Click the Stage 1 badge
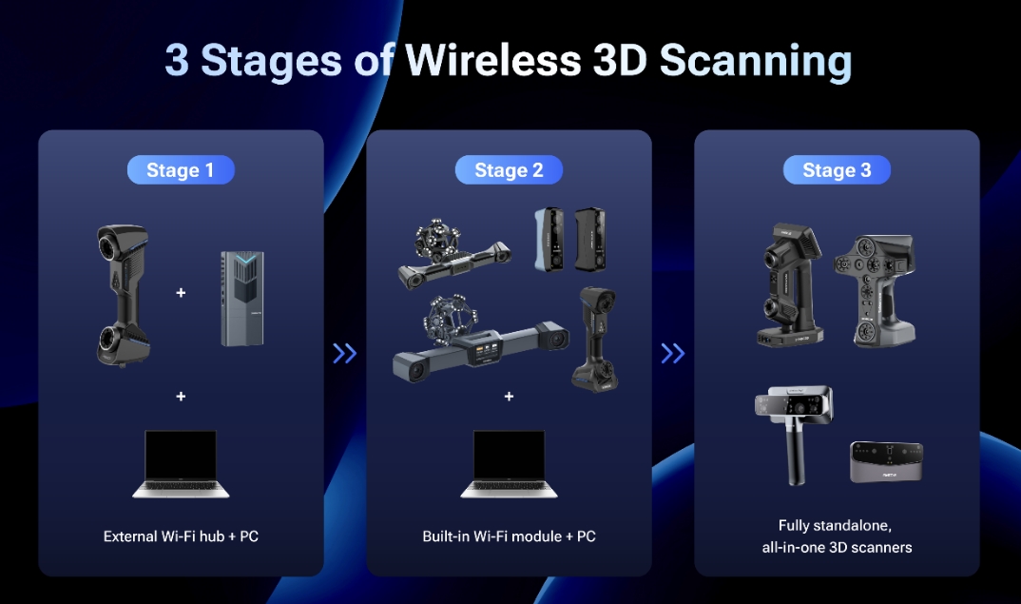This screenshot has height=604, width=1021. click(x=181, y=170)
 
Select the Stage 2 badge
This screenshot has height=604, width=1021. click(x=509, y=170)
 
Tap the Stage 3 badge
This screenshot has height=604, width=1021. click(x=837, y=170)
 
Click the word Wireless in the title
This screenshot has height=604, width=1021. click(x=493, y=61)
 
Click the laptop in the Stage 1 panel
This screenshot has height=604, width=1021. click(x=181, y=464)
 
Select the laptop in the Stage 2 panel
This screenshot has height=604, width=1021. click(x=510, y=464)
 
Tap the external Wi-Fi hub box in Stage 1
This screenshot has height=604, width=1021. click(x=242, y=299)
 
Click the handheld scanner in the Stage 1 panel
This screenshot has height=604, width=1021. click(x=123, y=295)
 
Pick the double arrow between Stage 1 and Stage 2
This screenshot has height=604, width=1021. click(x=344, y=353)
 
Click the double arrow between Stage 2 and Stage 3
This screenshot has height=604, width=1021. click(x=673, y=353)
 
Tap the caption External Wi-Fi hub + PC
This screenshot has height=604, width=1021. click(x=181, y=536)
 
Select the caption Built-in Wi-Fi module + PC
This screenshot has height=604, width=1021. click(x=510, y=536)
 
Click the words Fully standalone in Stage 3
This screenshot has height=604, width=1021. click(x=835, y=525)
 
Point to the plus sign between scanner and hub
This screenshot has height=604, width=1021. click(x=181, y=293)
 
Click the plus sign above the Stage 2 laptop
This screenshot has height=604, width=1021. click(x=510, y=396)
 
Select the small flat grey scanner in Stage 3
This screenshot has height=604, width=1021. click(x=886, y=462)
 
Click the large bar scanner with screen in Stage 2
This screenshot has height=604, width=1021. click(x=480, y=339)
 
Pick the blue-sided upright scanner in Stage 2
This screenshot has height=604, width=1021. click(x=549, y=239)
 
